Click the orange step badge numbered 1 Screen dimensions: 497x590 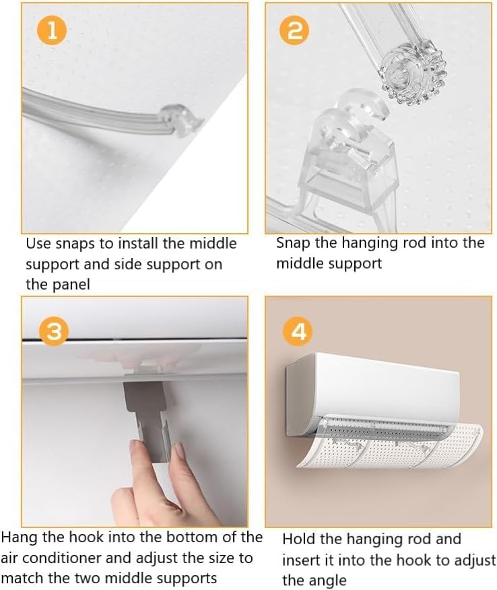pos(52,31)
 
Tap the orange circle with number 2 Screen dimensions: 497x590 pos(294,31)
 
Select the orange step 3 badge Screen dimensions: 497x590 pos(54,331)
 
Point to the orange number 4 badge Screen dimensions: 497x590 pos(298,331)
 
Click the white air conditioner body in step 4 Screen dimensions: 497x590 pos(372,387)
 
